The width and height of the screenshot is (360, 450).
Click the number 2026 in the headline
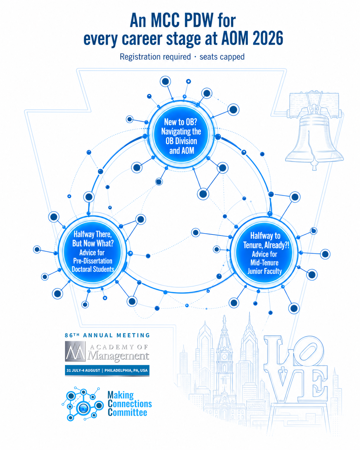pos(268,38)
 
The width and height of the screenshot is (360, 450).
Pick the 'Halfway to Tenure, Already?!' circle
pos(264,253)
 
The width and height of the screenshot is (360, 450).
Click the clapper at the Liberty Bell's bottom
pos(314,165)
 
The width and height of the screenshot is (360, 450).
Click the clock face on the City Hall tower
pos(224,356)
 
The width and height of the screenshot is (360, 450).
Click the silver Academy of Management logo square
pos(75,351)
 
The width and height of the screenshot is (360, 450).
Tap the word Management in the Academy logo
pos(118,355)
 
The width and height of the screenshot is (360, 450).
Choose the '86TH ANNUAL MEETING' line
pos(107,335)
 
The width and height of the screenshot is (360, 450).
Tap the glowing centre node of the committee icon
pos(83,408)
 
